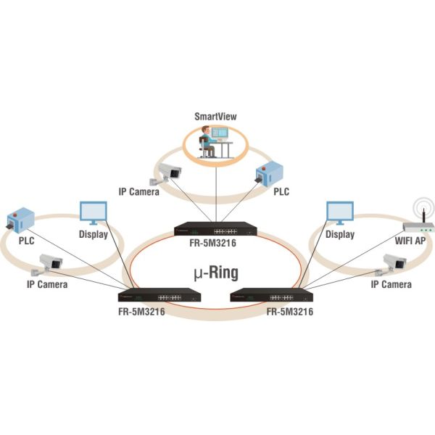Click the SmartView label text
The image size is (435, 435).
pos(215,116)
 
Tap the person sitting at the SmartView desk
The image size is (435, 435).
pos(207,141)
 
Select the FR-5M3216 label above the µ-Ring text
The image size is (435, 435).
pos(215,244)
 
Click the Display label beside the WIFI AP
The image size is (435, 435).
pos(339,235)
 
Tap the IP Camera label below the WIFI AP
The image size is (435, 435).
pos(392,285)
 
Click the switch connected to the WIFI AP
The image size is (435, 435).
pos(271,295)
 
